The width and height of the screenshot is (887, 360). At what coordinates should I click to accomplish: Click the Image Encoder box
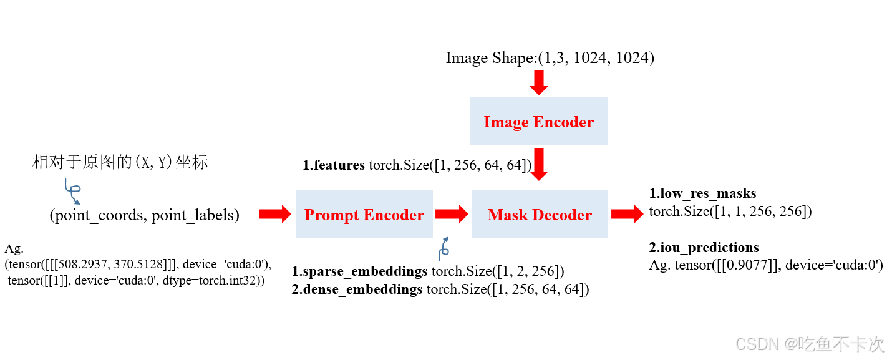(538, 122)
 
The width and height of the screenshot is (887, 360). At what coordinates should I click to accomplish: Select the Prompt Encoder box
(364, 215)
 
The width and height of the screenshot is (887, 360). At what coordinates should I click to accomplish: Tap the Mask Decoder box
(540, 215)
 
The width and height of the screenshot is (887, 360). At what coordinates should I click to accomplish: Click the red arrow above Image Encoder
(538, 82)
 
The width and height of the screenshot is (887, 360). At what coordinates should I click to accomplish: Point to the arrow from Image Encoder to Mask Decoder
(538, 163)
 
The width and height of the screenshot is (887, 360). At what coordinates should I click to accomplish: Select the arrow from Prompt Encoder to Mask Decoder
(452, 215)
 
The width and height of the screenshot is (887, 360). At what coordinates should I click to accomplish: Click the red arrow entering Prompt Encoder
(274, 215)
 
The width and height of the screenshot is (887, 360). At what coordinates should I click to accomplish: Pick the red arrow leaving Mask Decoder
(627, 215)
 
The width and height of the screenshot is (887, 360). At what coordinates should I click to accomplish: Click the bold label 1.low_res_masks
(702, 193)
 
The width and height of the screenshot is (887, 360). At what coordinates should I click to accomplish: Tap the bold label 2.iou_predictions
(704, 248)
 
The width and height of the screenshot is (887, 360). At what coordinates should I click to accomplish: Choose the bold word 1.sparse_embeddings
(359, 272)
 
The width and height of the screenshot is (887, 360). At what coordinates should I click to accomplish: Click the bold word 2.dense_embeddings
(357, 289)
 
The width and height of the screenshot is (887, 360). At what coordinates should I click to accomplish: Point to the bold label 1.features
(334, 165)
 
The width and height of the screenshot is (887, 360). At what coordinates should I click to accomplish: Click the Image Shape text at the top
(550, 58)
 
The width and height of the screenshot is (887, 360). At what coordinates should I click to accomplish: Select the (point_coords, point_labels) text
(145, 215)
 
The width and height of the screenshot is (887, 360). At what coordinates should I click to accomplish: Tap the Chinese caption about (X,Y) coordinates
(120, 163)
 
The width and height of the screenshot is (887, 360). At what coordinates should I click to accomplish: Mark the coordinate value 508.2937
(65, 264)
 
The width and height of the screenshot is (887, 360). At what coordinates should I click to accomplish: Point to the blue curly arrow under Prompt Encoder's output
(444, 248)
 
